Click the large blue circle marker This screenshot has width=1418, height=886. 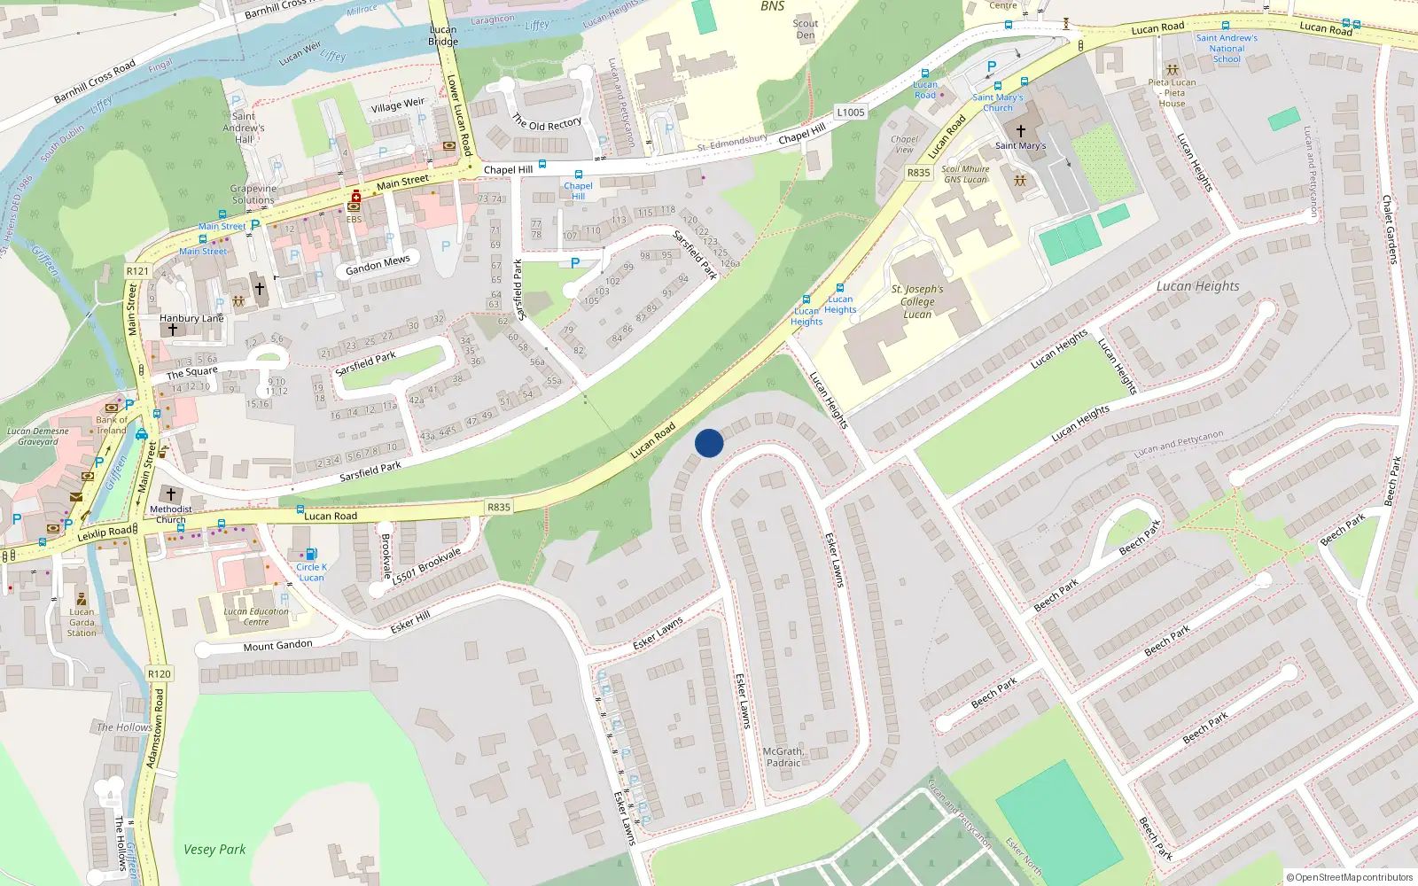(709, 443)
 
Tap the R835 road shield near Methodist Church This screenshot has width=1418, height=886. (499, 507)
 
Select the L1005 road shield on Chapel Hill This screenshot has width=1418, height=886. (851, 113)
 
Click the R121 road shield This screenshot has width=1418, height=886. (137, 271)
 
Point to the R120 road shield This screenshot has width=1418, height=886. (160, 673)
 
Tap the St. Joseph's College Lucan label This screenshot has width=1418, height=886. (917, 301)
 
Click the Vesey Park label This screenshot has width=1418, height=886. (214, 849)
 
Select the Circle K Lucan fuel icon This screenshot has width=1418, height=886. (311, 555)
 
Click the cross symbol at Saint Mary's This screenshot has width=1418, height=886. (1021, 130)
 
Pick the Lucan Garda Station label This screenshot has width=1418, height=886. (82, 622)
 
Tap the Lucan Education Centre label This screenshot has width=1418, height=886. (256, 617)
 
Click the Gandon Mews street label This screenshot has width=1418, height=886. (378, 265)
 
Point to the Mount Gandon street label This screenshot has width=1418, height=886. (277, 645)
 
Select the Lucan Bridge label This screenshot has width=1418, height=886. (443, 35)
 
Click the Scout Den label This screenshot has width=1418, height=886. (805, 29)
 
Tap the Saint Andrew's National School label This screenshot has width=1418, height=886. (1227, 49)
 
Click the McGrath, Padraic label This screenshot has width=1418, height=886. (783, 757)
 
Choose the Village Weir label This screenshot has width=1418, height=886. (397, 105)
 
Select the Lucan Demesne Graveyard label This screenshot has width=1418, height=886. (37, 436)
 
